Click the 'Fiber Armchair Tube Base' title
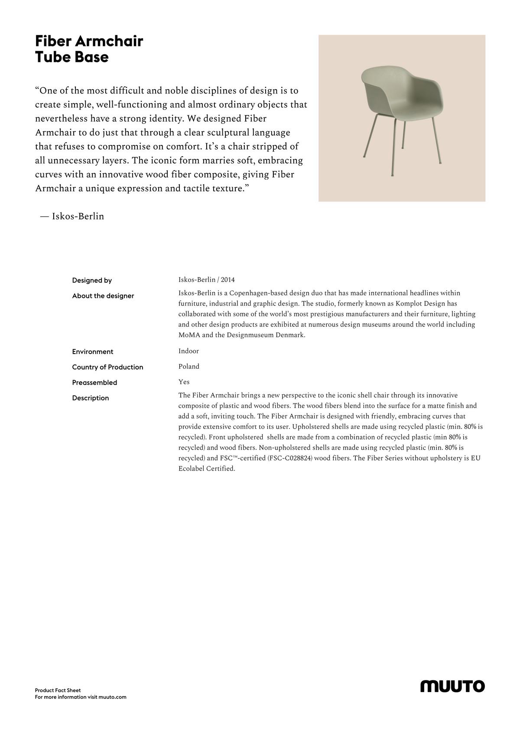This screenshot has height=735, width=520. coord(89,49)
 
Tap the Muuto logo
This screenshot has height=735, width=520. coord(452,686)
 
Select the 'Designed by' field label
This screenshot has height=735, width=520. coord(92,280)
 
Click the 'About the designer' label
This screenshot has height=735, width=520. coord(103,296)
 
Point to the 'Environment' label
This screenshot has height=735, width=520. coord(93,352)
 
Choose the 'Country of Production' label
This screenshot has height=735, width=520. coord(107,367)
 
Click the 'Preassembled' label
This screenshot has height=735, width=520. coord(94,383)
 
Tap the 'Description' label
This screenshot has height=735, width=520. coord(91,398)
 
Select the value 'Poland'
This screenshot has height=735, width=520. coord(189,367)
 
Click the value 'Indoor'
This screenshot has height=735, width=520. coord(188,351)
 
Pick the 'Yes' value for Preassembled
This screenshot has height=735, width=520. coord(184,382)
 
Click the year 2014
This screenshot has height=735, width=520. coord(228,280)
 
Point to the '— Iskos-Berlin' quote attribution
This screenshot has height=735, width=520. coord(72,216)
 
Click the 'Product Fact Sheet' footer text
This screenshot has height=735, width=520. coord(58,690)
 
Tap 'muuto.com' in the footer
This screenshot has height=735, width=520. coord(112,697)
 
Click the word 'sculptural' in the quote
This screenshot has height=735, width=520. coord(227,132)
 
